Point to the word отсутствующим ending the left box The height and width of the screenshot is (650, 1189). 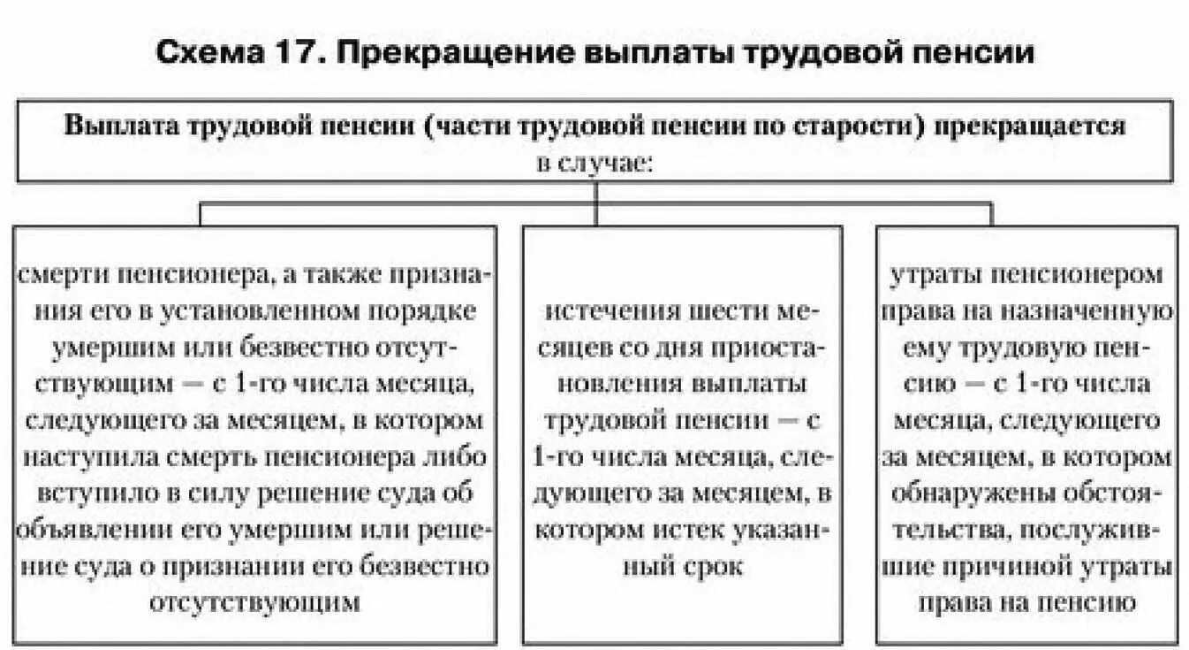pos(255,603)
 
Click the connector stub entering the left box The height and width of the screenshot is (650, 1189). pos(200,214)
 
